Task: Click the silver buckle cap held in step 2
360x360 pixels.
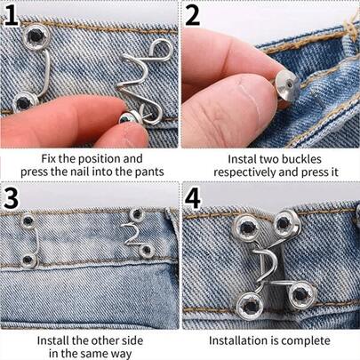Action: tap(287, 88)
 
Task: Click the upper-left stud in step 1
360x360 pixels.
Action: tap(36, 36)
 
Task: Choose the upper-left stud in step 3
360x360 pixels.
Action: tap(28, 220)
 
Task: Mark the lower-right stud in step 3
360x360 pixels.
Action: tap(147, 251)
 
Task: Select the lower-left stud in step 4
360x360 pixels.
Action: tap(251, 306)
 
